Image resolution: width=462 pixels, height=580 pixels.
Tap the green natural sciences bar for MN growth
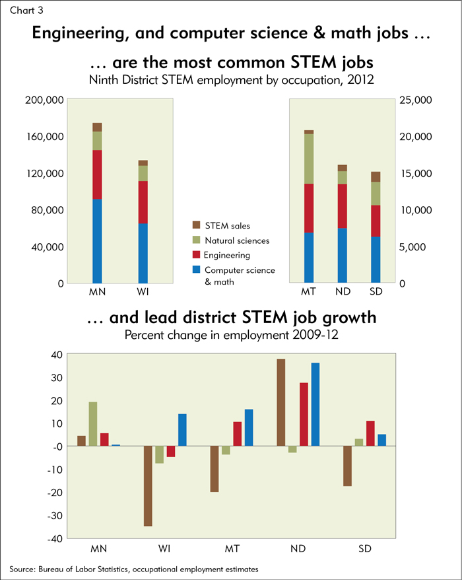tap(93, 424)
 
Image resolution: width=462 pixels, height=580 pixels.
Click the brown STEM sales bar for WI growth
tap(148, 486)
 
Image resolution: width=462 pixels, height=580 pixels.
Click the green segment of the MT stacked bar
tap(309, 159)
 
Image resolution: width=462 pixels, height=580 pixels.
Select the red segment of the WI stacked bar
tap(143, 202)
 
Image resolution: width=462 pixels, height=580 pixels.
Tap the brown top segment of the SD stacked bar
tap(376, 176)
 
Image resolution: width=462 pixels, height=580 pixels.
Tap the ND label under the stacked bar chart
tap(343, 292)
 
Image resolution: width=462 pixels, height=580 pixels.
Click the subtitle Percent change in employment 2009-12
tap(231, 335)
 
